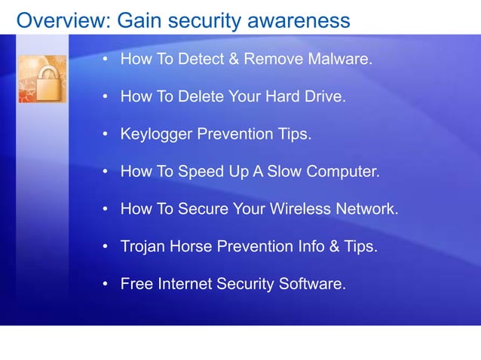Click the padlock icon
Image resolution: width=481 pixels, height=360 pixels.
click(42, 78)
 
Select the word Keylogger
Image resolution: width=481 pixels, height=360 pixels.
click(156, 135)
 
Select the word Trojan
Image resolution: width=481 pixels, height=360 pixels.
click(143, 247)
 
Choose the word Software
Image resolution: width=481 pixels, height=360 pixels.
click(311, 285)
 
